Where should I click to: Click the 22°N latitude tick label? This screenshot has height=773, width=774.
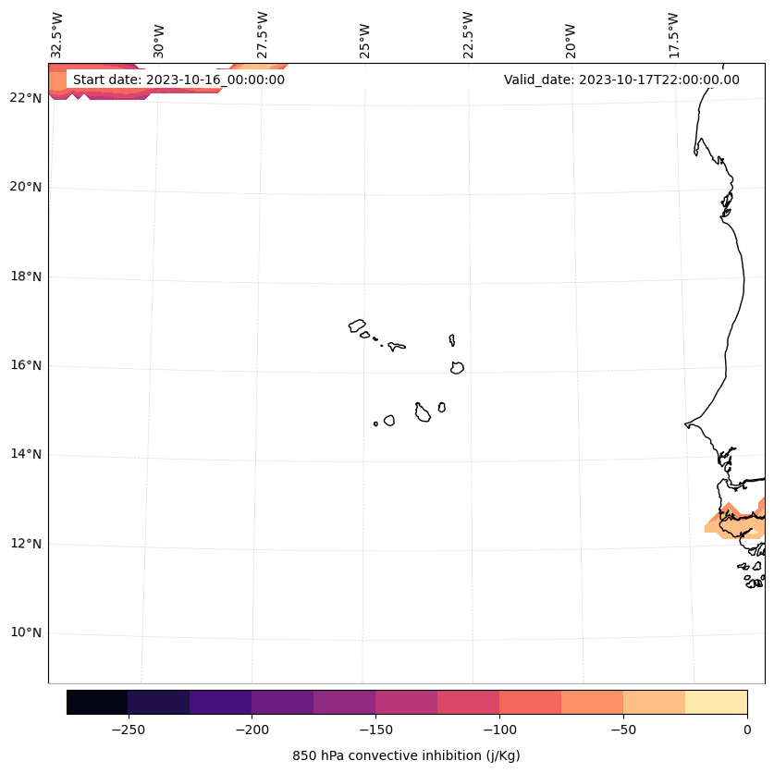pos(26,98)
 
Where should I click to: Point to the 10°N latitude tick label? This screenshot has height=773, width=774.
pos(26,633)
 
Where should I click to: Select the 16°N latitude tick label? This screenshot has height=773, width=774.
pos(26,365)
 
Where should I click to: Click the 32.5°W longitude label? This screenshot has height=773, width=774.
pos(57,35)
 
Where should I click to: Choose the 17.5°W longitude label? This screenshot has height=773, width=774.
pos(673,35)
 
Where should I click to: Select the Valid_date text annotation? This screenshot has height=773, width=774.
pos(621,80)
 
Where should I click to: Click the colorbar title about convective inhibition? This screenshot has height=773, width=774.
pos(406,755)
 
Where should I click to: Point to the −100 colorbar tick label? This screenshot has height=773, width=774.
pos(499,729)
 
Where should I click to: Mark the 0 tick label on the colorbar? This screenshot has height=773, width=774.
pos(747,729)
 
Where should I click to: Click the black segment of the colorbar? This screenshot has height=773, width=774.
pos(97,702)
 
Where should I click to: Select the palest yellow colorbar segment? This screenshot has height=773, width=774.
pos(716,702)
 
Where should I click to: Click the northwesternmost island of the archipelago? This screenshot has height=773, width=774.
pos(357,325)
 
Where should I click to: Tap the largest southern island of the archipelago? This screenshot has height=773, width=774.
pos(423,413)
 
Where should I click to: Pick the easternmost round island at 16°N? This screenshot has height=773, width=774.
pos(457,368)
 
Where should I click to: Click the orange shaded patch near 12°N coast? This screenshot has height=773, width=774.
pos(731,523)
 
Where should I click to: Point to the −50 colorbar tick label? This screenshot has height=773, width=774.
pos(623,729)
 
